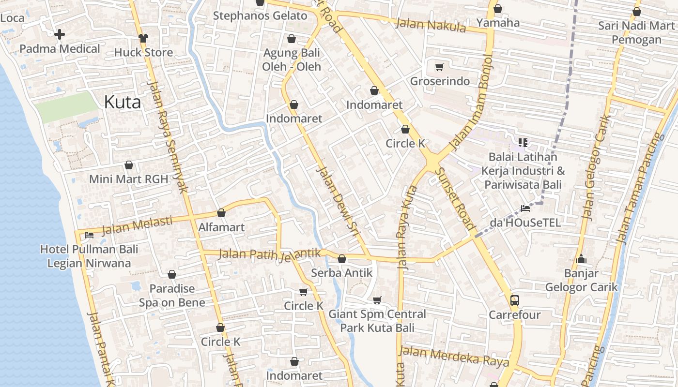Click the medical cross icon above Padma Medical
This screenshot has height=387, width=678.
click(x=60, y=34)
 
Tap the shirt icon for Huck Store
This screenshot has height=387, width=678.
click(x=143, y=38)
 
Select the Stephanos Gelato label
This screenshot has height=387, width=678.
click(x=260, y=15)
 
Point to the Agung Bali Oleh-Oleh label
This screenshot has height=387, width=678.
click(x=292, y=60)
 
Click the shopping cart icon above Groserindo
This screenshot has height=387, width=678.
click(x=439, y=67)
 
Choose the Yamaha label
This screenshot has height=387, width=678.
click(x=498, y=23)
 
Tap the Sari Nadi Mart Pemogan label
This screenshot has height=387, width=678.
click(x=636, y=32)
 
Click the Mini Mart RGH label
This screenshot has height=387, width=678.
click(x=128, y=179)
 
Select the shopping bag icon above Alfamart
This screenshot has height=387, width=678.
click(x=221, y=213)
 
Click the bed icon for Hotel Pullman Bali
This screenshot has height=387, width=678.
click(x=89, y=236)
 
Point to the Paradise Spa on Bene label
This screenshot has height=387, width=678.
click(x=172, y=296)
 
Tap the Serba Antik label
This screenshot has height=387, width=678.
click(x=342, y=272)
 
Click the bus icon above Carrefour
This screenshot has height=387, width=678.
click(x=514, y=300)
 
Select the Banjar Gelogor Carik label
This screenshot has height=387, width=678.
click(x=581, y=280)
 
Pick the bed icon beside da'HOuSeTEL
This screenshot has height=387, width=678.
click(x=525, y=208)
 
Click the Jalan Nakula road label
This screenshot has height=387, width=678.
click(x=431, y=25)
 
